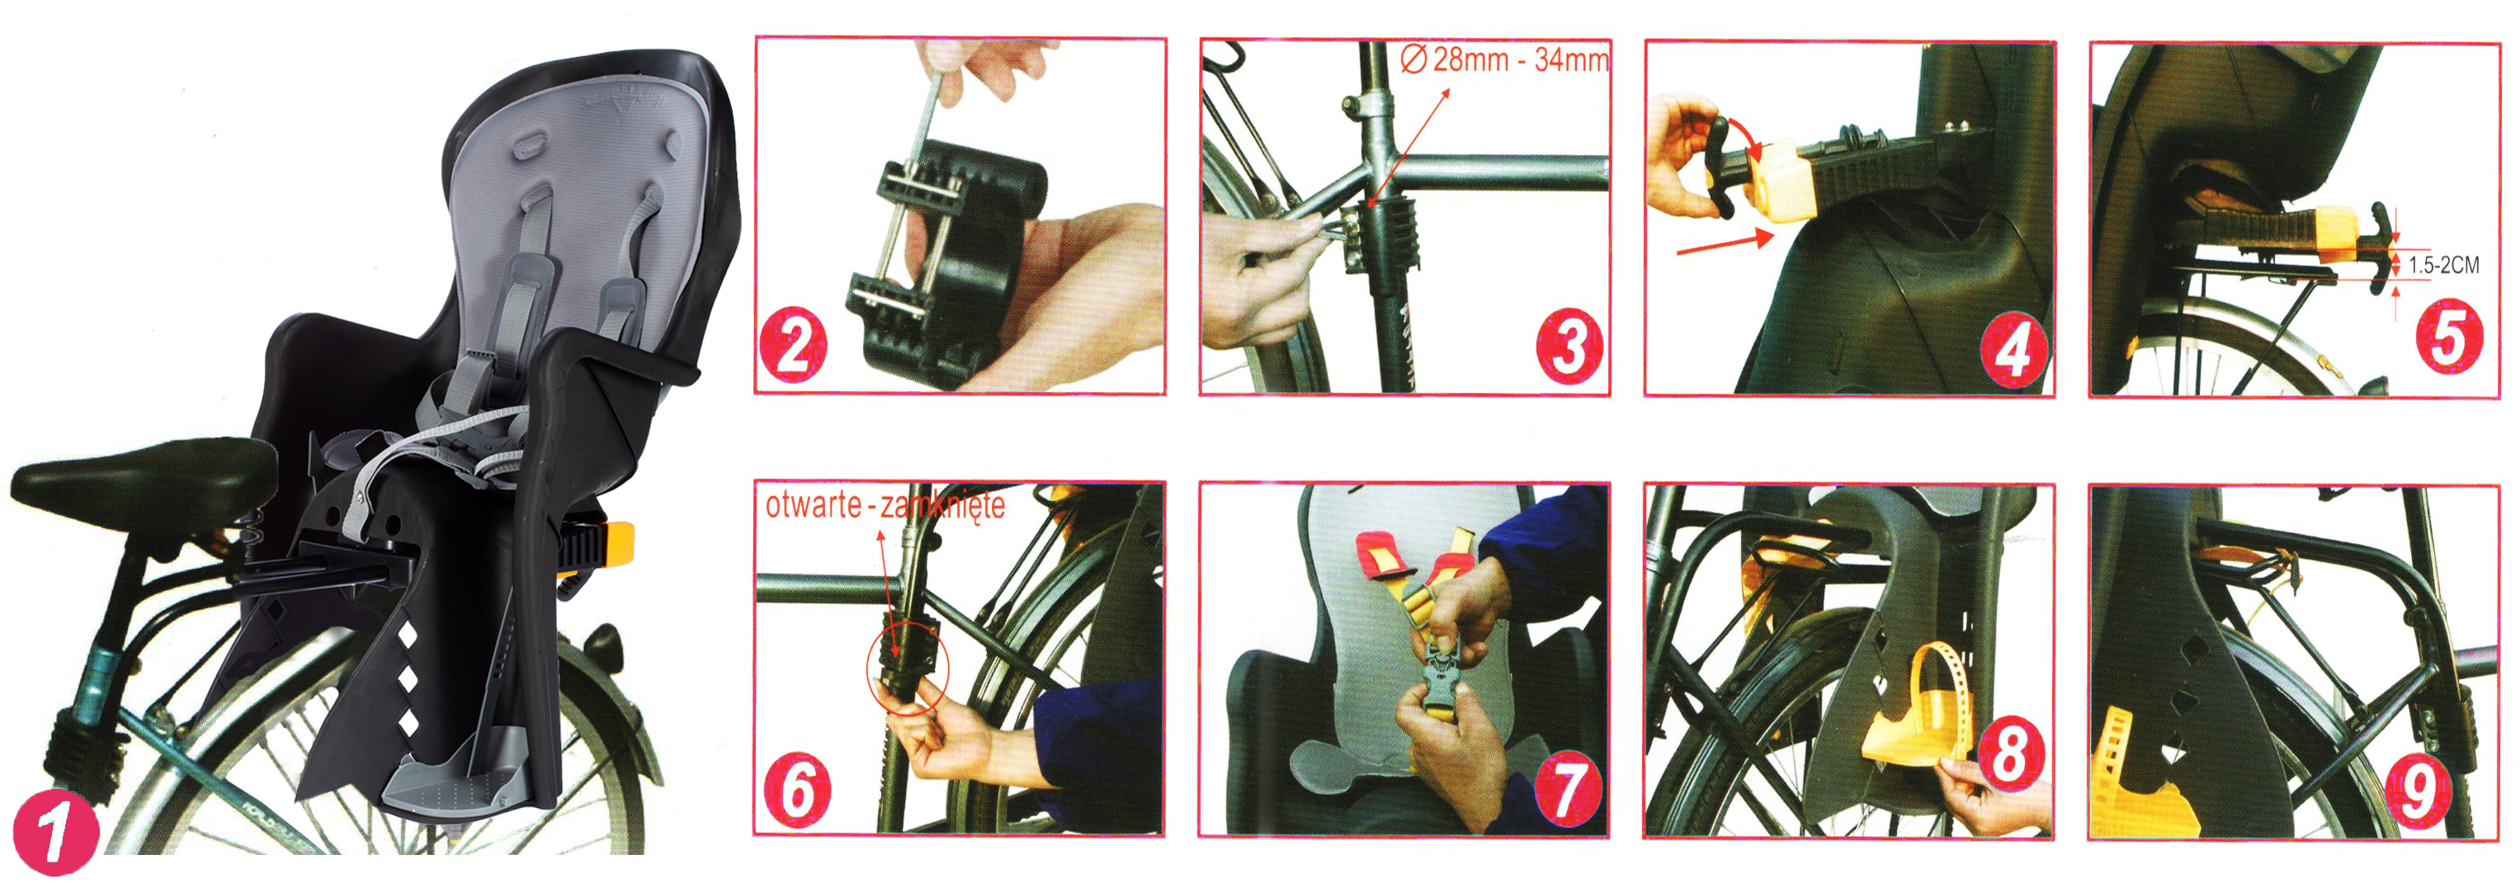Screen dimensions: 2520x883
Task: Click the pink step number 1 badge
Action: click(56, 834)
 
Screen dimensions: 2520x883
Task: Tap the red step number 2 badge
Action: click(793, 345)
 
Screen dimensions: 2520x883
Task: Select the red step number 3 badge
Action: click(1569, 346)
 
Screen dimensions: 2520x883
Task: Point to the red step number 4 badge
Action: click(2014, 349)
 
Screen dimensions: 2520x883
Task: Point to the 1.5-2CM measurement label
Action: click(2444, 265)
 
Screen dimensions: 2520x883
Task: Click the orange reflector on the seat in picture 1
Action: click(619, 545)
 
